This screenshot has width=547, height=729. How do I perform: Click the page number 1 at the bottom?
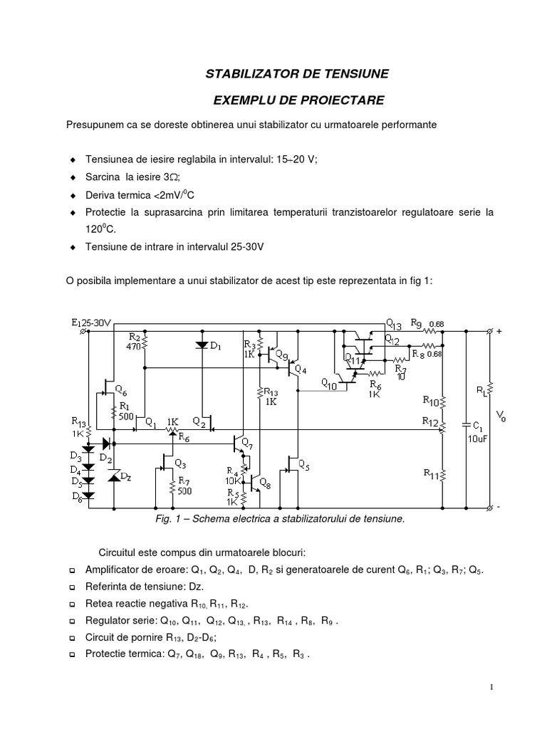point(491,687)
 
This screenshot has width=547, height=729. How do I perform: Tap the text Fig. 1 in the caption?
point(167,519)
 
